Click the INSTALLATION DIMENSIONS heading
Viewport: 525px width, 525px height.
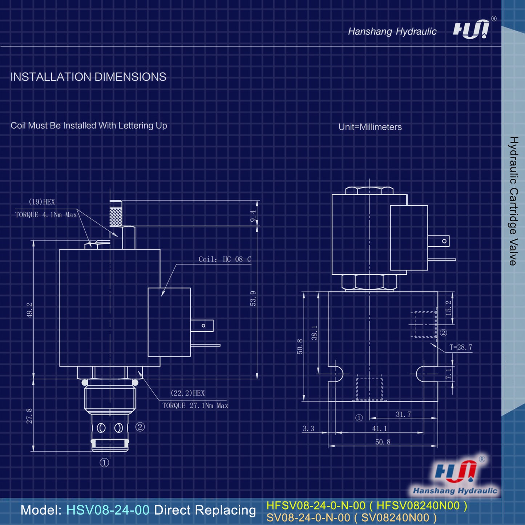pyautogui.click(x=88, y=77)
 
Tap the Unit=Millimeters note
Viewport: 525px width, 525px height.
pyautogui.click(x=370, y=127)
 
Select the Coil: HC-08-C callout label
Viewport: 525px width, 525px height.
pyautogui.click(x=225, y=259)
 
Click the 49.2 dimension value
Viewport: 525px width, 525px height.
pyautogui.click(x=29, y=310)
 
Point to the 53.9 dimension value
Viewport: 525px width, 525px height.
pyautogui.click(x=253, y=298)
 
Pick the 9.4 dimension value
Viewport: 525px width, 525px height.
pyautogui.click(x=253, y=216)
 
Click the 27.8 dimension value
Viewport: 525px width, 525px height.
pyautogui.click(x=29, y=416)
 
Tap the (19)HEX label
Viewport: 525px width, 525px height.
pyautogui.click(x=42, y=202)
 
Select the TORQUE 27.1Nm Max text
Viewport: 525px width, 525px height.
pyautogui.click(x=195, y=406)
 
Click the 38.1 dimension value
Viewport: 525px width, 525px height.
pyautogui.click(x=314, y=333)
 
